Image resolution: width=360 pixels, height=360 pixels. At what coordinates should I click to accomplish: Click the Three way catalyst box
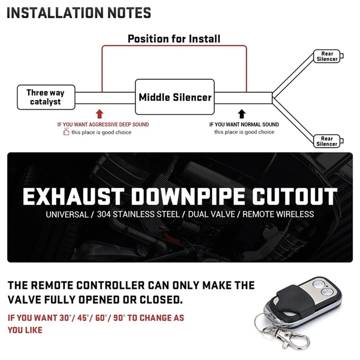(45, 97)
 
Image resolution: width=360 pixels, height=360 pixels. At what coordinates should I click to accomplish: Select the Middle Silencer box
(175, 97)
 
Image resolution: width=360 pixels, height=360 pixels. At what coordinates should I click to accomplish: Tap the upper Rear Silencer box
(327, 56)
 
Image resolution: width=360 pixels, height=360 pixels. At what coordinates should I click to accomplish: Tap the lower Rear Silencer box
(327, 141)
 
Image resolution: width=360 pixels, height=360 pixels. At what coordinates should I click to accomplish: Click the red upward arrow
(100, 113)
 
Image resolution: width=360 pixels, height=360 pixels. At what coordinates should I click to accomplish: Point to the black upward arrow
(242, 113)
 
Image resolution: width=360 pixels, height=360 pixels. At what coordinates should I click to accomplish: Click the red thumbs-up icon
(66, 132)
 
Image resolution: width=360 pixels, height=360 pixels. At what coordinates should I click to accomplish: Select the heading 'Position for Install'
(174, 39)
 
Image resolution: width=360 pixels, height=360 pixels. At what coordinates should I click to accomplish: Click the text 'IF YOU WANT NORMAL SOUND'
(244, 125)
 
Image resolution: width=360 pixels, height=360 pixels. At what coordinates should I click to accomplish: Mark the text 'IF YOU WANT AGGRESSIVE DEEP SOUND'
(103, 125)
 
